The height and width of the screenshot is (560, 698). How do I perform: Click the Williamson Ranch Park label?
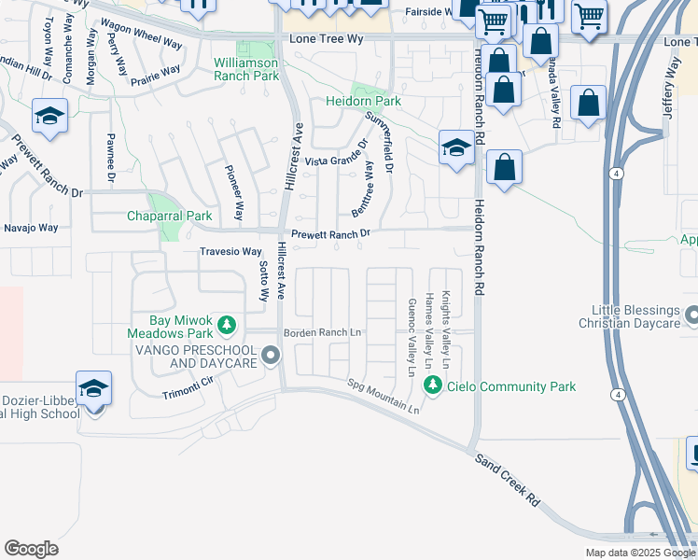246,68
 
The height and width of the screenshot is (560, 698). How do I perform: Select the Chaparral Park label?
170,216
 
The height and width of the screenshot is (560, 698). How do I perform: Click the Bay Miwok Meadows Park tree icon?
226,325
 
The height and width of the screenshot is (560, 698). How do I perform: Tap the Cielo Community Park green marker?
432,385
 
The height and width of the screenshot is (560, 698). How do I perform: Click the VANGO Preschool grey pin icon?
271,356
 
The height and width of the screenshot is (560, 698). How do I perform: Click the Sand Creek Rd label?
507,482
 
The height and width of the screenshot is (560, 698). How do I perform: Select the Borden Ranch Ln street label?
323,332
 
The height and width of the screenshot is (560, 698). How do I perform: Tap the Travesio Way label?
230,252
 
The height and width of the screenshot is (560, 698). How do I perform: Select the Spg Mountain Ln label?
384,396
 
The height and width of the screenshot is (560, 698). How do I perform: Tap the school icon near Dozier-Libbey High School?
93,388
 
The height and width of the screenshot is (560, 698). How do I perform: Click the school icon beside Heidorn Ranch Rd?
456,148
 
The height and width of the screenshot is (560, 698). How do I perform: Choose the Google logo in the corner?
31,549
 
